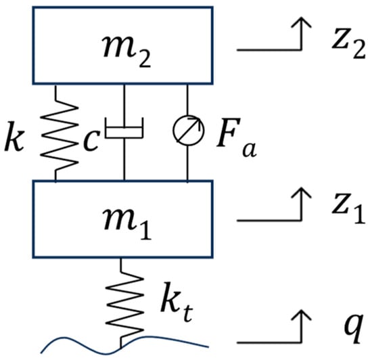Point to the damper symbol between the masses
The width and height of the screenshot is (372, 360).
coord(124,128)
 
